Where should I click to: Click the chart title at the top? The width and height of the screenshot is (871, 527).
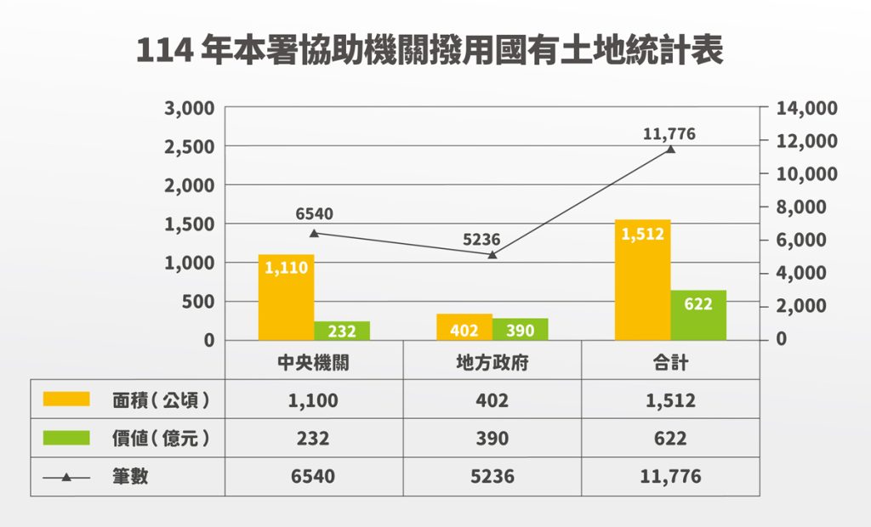click(430, 51)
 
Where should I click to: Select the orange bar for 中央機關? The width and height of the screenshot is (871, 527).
click(286, 297)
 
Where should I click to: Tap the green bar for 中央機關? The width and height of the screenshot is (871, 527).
click(342, 331)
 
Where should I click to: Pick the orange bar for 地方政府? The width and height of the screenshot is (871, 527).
click(464, 327)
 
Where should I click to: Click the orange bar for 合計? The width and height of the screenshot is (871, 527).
click(642, 280)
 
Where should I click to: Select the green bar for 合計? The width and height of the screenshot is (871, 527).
click(698, 315)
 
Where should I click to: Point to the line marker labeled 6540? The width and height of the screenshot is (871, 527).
click(314, 233)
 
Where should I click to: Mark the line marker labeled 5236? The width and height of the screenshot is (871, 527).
click(492, 254)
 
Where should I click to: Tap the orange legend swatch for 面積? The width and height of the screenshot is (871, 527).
click(66, 399)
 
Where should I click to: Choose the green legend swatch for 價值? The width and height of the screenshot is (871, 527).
click(66, 438)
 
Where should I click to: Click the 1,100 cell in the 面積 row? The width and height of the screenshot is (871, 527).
click(313, 399)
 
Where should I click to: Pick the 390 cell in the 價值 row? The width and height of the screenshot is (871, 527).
click(492, 439)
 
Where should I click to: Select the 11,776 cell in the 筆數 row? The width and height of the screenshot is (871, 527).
click(670, 477)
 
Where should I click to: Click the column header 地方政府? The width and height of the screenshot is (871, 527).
click(492, 362)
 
